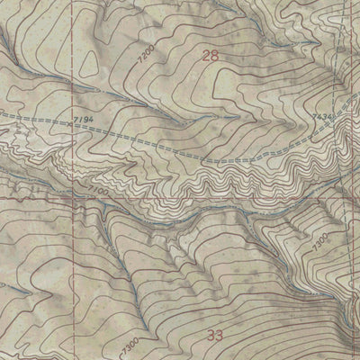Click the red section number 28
click(x=211, y=56)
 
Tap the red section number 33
click(x=214, y=335)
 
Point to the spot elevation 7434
click(x=322, y=117)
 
